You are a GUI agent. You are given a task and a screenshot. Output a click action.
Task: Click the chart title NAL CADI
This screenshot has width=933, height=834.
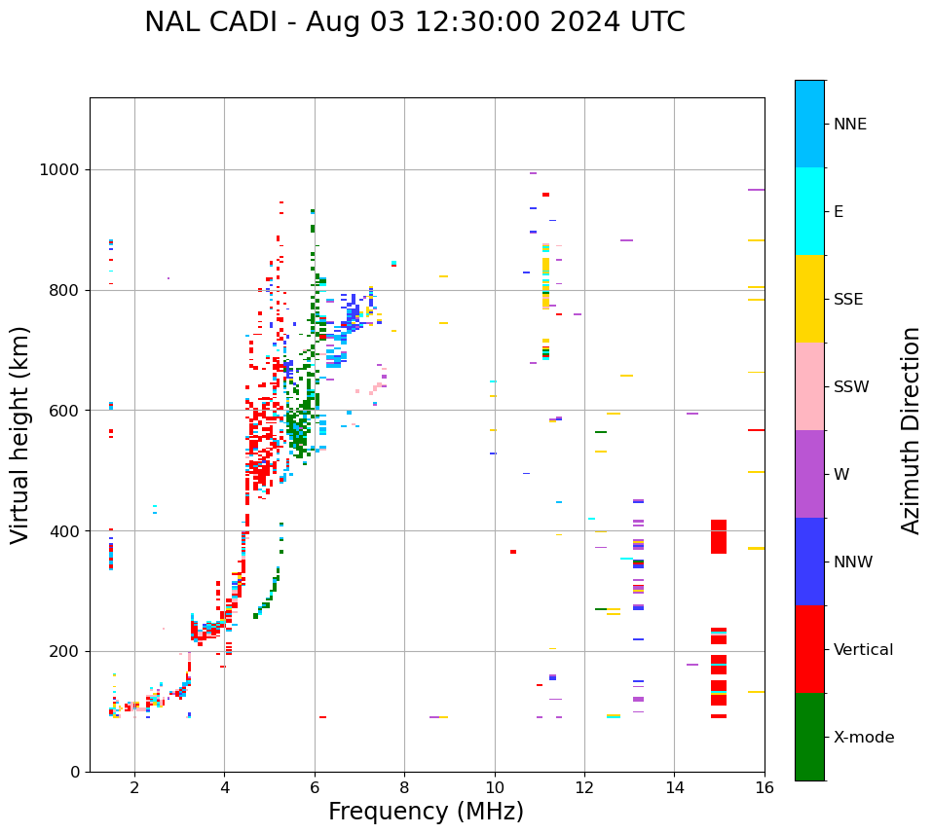[x=414, y=22]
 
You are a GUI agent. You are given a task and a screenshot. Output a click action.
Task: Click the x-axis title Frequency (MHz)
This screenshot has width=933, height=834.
[x=426, y=812]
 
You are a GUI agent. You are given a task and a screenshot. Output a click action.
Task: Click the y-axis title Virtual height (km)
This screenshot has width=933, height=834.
[x=20, y=435]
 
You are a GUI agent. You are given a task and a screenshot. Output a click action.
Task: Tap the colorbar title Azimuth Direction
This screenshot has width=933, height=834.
[x=911, y=430]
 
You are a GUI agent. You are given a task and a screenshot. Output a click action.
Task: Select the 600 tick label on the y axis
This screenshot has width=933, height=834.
[x=64, y=411]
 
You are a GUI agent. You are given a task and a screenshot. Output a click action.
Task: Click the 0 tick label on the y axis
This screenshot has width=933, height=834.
[x=76, y=772]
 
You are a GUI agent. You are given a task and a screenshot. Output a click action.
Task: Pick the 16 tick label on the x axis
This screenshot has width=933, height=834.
[x=765, y=787]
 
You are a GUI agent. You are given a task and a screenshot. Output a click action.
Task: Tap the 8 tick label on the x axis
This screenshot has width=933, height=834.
[x=404, y=787]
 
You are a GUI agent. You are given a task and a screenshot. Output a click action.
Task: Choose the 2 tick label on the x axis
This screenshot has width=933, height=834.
[x=134, y=787]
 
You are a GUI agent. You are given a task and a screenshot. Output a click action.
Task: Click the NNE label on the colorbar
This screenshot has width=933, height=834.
[x=849, y=125]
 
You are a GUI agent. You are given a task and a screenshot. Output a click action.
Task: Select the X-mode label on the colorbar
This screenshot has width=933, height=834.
[x=864, y=738]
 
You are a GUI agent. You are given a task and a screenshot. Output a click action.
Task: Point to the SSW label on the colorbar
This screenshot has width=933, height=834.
[x=851, y=387]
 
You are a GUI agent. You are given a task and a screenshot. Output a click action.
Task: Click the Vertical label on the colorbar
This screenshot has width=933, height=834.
[x=863, y=650]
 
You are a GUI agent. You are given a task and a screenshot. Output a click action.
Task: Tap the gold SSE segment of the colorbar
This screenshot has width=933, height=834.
[x=809, y=299]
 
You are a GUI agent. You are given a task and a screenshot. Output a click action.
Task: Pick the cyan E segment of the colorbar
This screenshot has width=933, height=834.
[x=809, y=211]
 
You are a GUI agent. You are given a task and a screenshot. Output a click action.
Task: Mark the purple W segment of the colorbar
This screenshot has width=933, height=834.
[x=809, y=474]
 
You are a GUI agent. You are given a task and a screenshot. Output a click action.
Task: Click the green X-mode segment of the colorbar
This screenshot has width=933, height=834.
[x=809, y=737]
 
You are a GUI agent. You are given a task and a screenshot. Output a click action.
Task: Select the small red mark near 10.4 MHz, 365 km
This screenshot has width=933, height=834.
[x=513, y=552]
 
